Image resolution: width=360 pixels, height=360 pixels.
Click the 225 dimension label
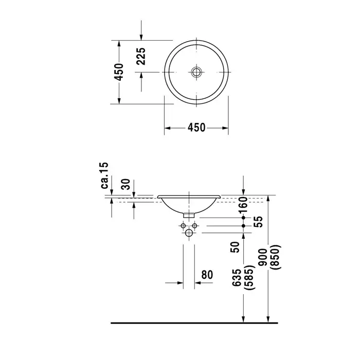(141, 56)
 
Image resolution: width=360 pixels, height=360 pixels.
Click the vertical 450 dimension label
(119, 72)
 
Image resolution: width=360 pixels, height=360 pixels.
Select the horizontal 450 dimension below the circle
(196, 128)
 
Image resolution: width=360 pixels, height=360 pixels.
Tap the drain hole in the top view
(196, 72)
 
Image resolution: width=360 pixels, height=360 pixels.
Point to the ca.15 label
(104, 175)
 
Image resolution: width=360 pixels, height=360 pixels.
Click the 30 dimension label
(126, 184)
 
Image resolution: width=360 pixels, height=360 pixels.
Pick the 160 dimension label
(243, 205)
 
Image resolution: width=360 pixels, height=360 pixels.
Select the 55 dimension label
(258, 222)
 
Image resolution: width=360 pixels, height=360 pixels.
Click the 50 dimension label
(235, 247)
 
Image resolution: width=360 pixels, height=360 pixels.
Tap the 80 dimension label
(207, 275)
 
